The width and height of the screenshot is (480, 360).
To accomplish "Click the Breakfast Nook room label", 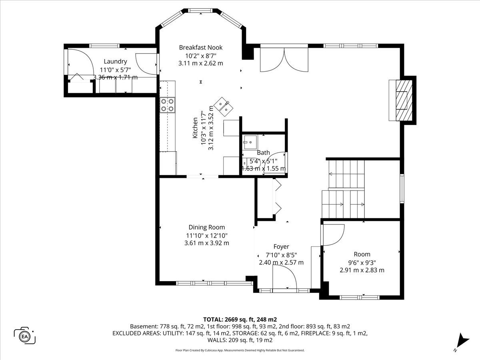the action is pyautogui.click(x=201, y=48).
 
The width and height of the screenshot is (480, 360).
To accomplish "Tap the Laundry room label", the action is pyautogui.click(x=115, y=62).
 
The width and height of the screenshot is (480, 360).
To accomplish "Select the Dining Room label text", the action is pyautogui.click(x=207, y=227).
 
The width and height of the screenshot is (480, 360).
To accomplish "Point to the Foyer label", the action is pyautogui.click(x=281, y=247).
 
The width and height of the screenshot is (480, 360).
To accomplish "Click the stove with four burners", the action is pyautogui.click(x=168, y=105).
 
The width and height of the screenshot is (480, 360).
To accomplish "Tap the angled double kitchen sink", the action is pyautogui.click(x=223, y=106).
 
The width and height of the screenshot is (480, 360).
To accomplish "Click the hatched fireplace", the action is pyautogui.click(x=404, y=100).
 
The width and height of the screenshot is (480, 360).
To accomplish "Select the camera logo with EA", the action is pyautogui.click(x=24, y=337).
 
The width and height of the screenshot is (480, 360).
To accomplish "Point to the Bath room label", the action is pyautogui.click(x=263, y=152).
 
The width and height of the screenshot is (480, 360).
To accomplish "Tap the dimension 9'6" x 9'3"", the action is pyautogui.click(x=362, y=262).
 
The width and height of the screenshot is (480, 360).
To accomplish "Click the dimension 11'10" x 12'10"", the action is pyautogui.click(x=207, y=236).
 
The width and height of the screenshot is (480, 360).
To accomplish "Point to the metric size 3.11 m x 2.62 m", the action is pyautogui.click(x=201, y=63).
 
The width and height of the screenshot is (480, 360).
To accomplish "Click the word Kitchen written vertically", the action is pyautogui.click(x=195, y=128).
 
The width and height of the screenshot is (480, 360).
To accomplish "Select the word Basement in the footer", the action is pyautogui.click(x=143, y=326).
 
